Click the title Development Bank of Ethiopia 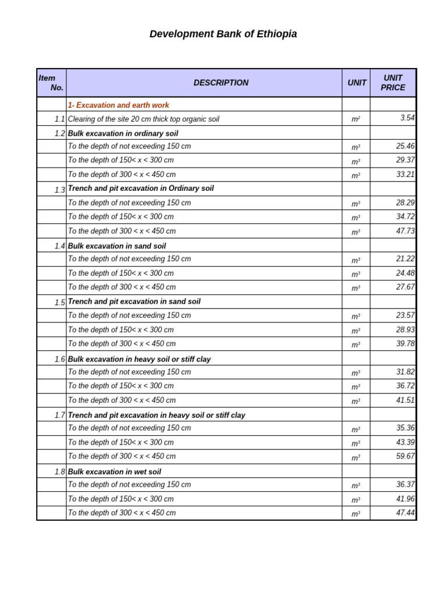(223, 34)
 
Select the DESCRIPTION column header (221, 83)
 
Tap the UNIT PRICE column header (393, 83)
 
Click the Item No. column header (51, 83)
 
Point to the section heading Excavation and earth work (119, 105)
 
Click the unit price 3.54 (407, 118)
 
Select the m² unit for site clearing (356, 119)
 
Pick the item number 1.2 (59, 133)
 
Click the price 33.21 (405, 174)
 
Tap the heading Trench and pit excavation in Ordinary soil (141, 189)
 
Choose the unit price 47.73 (405, 231)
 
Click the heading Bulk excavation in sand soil (117, 246)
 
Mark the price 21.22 (405, 259)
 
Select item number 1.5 (59, 303)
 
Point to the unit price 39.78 (405, 344)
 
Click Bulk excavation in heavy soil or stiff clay (140, 359)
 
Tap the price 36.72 (405, 386)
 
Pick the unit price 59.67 (405, 456)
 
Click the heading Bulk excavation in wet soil (115, 472)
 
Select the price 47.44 (405, 513)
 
